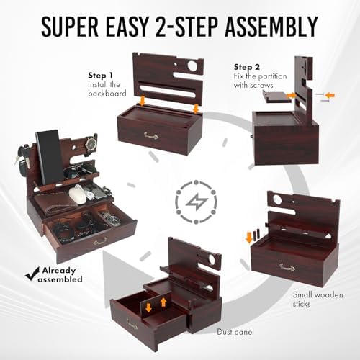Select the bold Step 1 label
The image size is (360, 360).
(x=101, y=74)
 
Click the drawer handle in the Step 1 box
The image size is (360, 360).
(x=150, y=135)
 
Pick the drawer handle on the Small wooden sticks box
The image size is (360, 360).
(x=288, y=267)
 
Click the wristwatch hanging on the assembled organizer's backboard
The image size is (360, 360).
(x=90, y=145)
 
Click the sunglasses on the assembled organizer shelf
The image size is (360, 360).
(x=78, y=173)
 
